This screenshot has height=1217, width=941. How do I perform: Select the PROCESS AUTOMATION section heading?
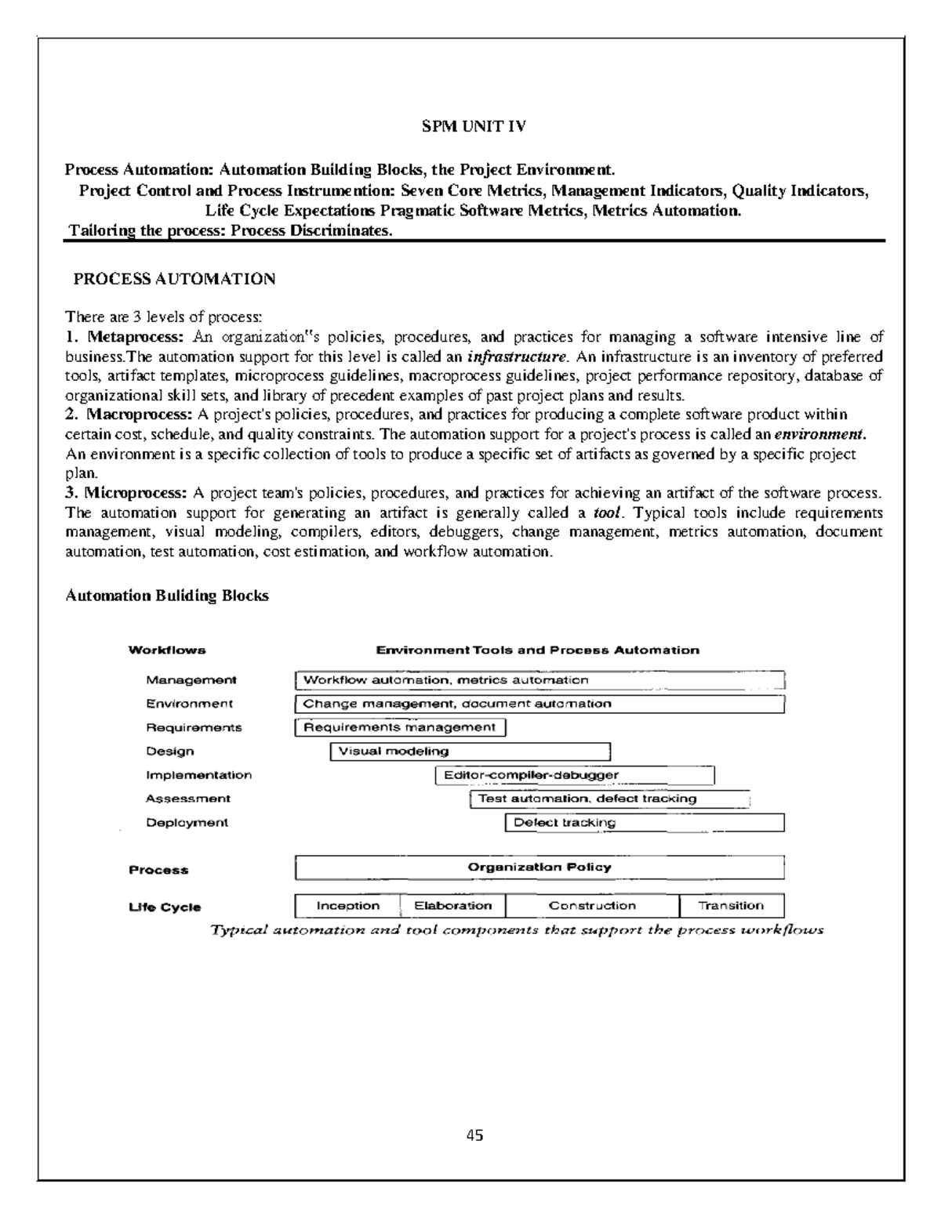pyautogui.click(x=173, y=279)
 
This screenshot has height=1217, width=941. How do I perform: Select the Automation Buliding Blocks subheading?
pyautogui.click(x=167, y=596)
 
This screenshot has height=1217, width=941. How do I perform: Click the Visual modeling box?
pyautogui.click(x=470, y=752)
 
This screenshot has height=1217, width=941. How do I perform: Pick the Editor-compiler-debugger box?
pyautogui.click(x=575, y=775)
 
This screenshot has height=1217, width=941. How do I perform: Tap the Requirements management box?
pyautogui.click(x=400, y=727)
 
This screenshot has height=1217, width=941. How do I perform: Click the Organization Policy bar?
pyautogui.click(x=540, y=867)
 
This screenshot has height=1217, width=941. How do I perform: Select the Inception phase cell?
pyautogui.click(x=347, y=906)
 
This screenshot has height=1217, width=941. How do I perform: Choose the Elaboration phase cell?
pyautogui.click(x=452, y=906)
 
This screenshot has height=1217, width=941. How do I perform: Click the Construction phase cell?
pyautogui.click(x=592, y=906)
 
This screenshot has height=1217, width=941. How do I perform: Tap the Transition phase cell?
pyautogui.click(x=731, y=906)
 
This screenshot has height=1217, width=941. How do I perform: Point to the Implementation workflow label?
pyautogui.click(x=198, y=775)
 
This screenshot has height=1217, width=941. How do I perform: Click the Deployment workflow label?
pyautogui.click(x=187, y=823)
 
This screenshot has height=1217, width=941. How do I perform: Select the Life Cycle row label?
pyautogui.click(x=165, y=907)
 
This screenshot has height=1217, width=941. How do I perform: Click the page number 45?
pyautogui.click(x=474, y=1135)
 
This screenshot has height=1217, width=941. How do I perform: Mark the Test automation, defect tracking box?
pyautogui.click(x=610, y=799)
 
